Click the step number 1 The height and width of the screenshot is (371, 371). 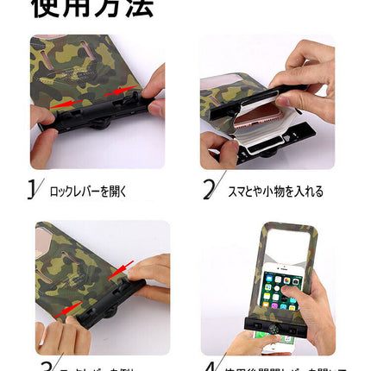33,189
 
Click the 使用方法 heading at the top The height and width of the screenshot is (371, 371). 92,9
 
